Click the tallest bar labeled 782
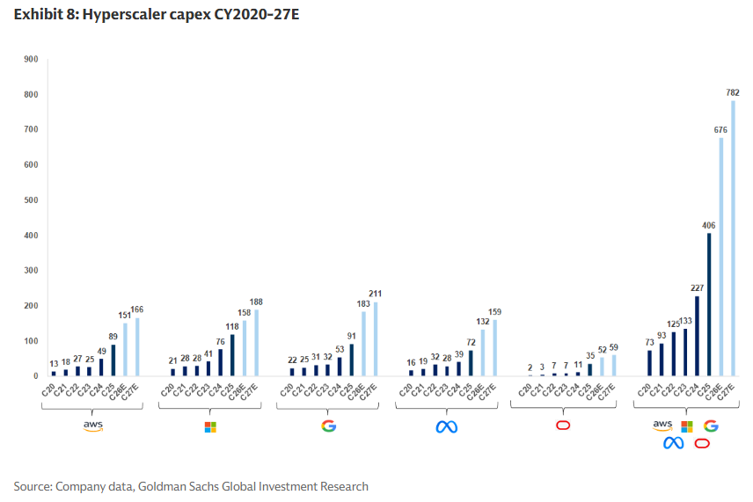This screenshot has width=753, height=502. pyautogui.click(x=733, y=238)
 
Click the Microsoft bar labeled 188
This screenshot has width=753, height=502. pyautogui.click(x=256, y=343)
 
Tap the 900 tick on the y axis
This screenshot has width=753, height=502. pyautogui.click(x=32, y=59)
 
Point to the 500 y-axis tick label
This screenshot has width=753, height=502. pyautogui.click(x=32, y=200)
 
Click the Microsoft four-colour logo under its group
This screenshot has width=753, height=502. pyautogui.click(x=209, y=426)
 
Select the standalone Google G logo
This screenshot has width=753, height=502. pyautogui.click(x=328, y=426)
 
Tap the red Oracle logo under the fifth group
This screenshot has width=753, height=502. pyautogui.click(x=564, y=426)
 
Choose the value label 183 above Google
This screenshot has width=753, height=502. pyautogui.click(x=362, y=303)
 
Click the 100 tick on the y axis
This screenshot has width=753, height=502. pyautogui.click(x=32, y=340)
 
